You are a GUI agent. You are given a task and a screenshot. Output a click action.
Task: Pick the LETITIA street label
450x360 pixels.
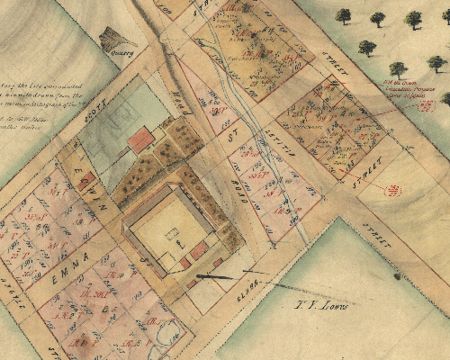(271, 135)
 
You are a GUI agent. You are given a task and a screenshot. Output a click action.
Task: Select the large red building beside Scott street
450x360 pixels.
(140, 140)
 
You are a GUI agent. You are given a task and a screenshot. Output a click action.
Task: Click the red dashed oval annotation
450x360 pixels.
(393, 190)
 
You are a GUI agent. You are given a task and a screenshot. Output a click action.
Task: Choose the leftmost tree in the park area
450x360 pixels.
(343, 15)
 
